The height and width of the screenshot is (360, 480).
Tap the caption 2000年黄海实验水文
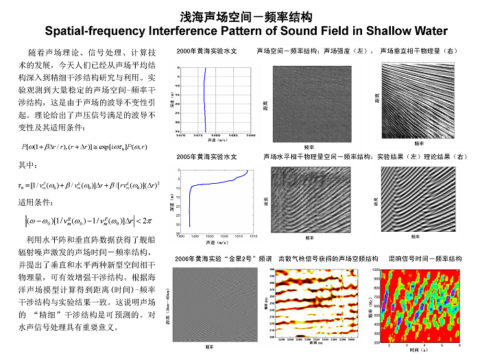click(206, 51)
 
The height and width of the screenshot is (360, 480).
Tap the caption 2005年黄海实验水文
click(206, 157)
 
